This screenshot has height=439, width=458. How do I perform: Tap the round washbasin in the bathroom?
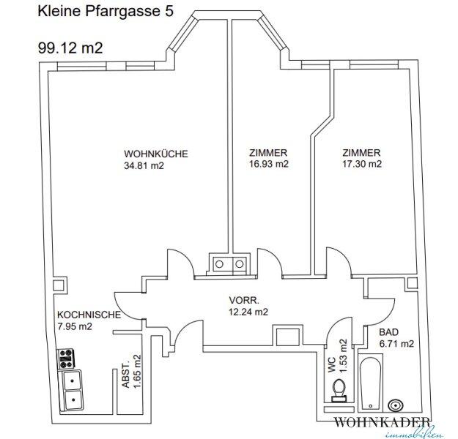pyautogui.click(x=396, y=405)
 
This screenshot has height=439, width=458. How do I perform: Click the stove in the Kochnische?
pyautogui.click(x=66, y=359)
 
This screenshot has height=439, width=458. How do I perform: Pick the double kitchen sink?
pyautogui.click(x=71, y=390)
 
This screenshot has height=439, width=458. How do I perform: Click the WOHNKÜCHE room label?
pyautogui.click(x=155, y=154)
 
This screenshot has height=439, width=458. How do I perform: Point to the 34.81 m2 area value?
pyautogui.click(x=144, y=165)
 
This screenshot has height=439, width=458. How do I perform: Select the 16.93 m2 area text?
pyautogui.click(x=269, y=164)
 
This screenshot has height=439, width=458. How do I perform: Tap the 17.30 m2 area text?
pyautogui.click(x=362, y=164)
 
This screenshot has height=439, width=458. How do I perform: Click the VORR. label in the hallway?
pyautogui.click(x=244, y=300)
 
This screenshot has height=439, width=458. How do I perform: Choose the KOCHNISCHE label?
pyautogui.click(x=89, y=315)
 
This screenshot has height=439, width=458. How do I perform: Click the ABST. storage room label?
pyautogui.click(x=125, y=375)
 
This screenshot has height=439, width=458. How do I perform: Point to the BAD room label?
pyautogui.click(x=388, y=332)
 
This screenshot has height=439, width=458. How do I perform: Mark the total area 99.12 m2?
pyautogui.click(x=70, y=48)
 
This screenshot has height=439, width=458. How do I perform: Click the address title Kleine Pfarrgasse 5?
pyautogui.click(x=106, y=12)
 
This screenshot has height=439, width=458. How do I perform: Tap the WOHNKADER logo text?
pyautogui.click(x=383, y=422)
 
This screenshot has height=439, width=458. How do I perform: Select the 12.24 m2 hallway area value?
pyautogui.click(x=248, y=312)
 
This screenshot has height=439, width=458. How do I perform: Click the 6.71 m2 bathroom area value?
pyautogui.click(x=396, y=344)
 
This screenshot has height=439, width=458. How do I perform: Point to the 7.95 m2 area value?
pyautogui.click(x=75, y=326)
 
